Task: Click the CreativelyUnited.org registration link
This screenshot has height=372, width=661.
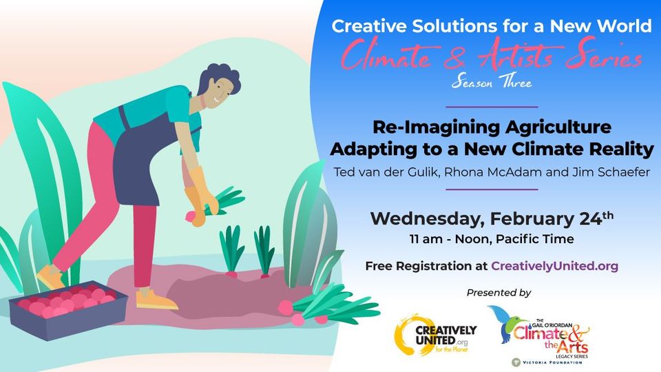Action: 554,266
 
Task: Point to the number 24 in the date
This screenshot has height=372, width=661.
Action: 590,218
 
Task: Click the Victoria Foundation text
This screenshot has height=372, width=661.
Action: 552,362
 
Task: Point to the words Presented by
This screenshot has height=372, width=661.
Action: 499,293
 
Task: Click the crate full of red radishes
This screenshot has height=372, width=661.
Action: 68,310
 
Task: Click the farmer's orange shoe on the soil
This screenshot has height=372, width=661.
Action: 156,300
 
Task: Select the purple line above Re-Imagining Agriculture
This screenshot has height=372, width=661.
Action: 492,107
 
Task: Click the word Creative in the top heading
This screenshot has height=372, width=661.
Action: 369,26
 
